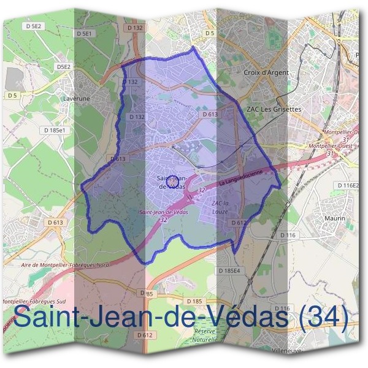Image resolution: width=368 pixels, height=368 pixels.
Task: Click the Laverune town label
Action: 77,97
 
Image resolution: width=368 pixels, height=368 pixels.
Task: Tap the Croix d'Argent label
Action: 266,72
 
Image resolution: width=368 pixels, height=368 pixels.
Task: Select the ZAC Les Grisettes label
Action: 274,109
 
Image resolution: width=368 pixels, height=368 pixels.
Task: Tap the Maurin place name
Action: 335,218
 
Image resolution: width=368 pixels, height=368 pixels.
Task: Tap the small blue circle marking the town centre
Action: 173,182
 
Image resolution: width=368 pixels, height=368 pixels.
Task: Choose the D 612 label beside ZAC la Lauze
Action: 239,223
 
